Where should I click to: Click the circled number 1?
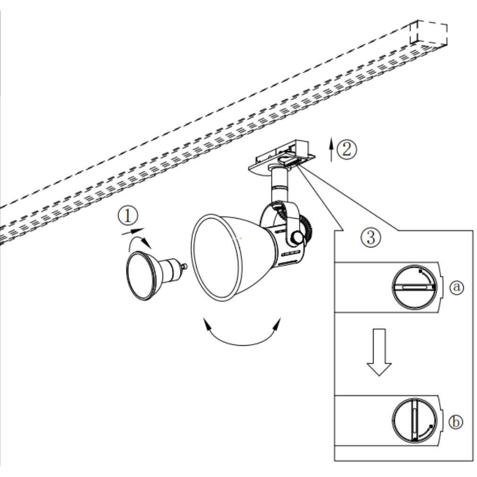click(128, 216)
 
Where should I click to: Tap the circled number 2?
click(347, 149)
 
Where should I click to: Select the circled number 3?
click(371, 237)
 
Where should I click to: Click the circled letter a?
click(457, 287)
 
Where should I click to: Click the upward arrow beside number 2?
click(332, 149)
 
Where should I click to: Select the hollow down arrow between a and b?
click(379, 352)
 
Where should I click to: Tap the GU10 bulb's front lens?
click(141, 276)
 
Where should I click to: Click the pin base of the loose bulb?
click(184, 267)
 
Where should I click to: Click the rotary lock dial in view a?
click(414, 287)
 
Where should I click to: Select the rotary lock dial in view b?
click(414, 421)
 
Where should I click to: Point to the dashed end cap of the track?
click(429, 33)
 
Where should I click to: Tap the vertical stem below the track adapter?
click(279, 186)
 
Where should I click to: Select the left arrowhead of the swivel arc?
click(207, 324)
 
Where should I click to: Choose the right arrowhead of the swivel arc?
click(277, 324)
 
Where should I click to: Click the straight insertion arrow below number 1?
click(133, 231)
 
